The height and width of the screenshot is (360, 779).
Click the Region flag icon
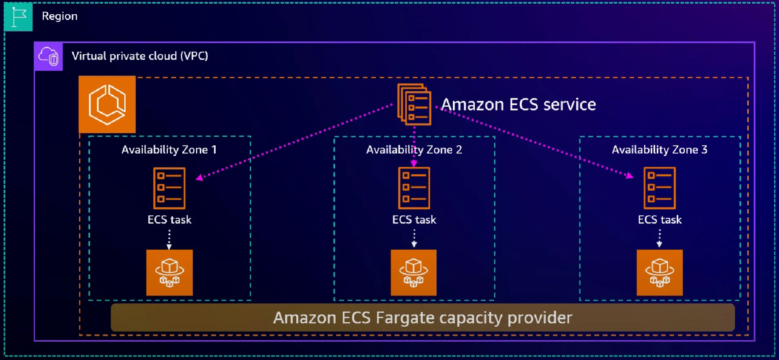(18, 17)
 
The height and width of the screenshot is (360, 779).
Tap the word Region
(60, 16)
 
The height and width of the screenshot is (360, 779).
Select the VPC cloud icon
(49, 56)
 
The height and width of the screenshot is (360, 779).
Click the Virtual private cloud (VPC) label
(140, 56)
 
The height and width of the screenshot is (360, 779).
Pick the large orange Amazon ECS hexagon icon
(107, 104)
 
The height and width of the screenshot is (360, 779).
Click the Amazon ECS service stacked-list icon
(414, 104)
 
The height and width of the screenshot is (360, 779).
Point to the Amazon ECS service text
(518, 105)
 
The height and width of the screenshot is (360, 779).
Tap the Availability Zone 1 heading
(169, 150)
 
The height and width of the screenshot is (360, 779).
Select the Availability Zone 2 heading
(414, 150)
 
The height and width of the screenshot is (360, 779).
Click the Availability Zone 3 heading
(659, 150)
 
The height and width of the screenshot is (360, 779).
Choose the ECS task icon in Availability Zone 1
(169, 188)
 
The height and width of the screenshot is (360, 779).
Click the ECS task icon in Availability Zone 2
(414, 188)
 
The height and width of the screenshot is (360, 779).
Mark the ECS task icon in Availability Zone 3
(659, 188)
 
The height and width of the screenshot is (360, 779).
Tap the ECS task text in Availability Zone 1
(169, 220)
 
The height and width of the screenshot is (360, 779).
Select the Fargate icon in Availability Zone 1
(170, 273)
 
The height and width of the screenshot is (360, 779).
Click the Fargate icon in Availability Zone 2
(414, 273)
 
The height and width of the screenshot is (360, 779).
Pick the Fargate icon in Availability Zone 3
(659, 273)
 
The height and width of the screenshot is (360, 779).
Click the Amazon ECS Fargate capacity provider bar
(423, 318)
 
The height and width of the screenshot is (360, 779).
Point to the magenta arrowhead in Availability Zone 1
(199, 177)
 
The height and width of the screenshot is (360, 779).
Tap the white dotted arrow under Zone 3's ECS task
(659, 239)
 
